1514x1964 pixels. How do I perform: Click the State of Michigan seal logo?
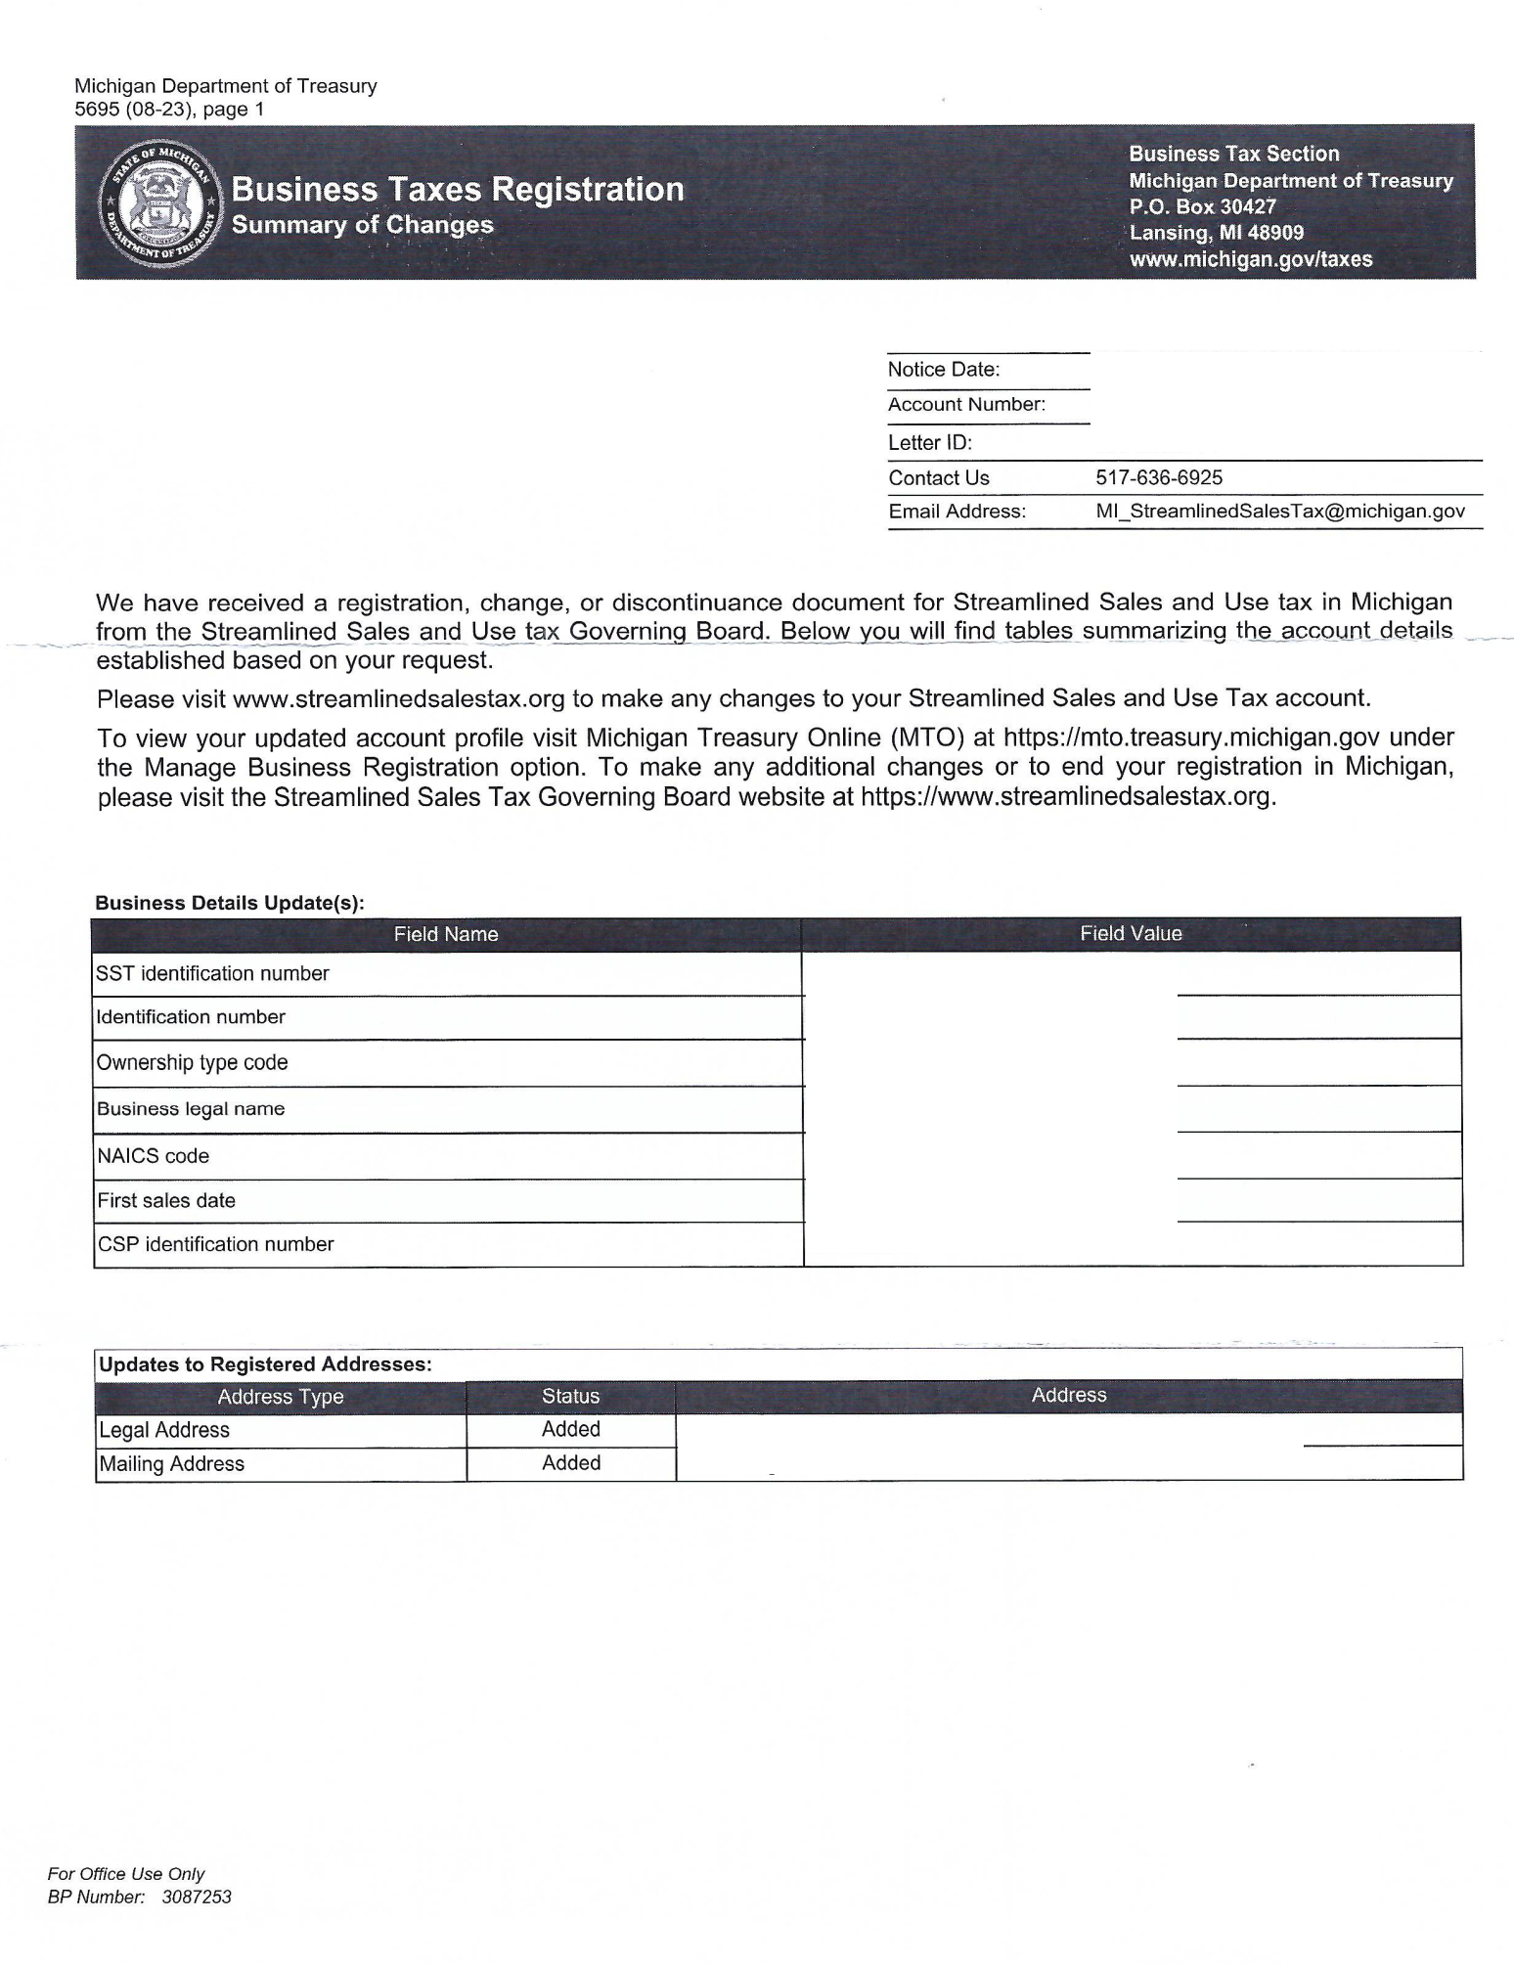[x=160, y=202]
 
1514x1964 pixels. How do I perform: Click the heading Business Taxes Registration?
[x=457, y=189]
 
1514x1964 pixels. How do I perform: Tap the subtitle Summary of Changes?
[x=362, y=225]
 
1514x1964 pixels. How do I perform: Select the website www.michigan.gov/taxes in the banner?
[x=1250, y=259]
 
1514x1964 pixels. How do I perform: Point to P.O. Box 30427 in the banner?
[x=1202, y=206]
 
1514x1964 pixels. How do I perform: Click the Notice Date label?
[x=943, y=370]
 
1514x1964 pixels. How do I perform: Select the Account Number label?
[x=966, y=405]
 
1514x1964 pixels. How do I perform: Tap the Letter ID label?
[x=929, y=443]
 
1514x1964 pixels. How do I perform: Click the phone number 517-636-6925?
[x=1159, y=477]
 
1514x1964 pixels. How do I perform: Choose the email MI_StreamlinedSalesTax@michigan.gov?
[x=1279, y=512]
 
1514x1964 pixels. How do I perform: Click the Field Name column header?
[x=446, y=934]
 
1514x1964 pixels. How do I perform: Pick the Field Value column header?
[x=1131, y=934]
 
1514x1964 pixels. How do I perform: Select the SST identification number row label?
[x=212, y=973]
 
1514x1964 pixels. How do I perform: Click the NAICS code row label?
[x=153, y=1156]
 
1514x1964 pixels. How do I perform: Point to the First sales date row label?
[x=166, y=1200]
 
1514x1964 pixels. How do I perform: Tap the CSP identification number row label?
[x=215, y=1244]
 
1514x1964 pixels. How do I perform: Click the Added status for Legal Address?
[x=571, y=1429]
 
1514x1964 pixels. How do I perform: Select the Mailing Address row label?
[x=172, y=1464]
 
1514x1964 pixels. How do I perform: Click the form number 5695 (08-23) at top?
[x=136, y=110]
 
